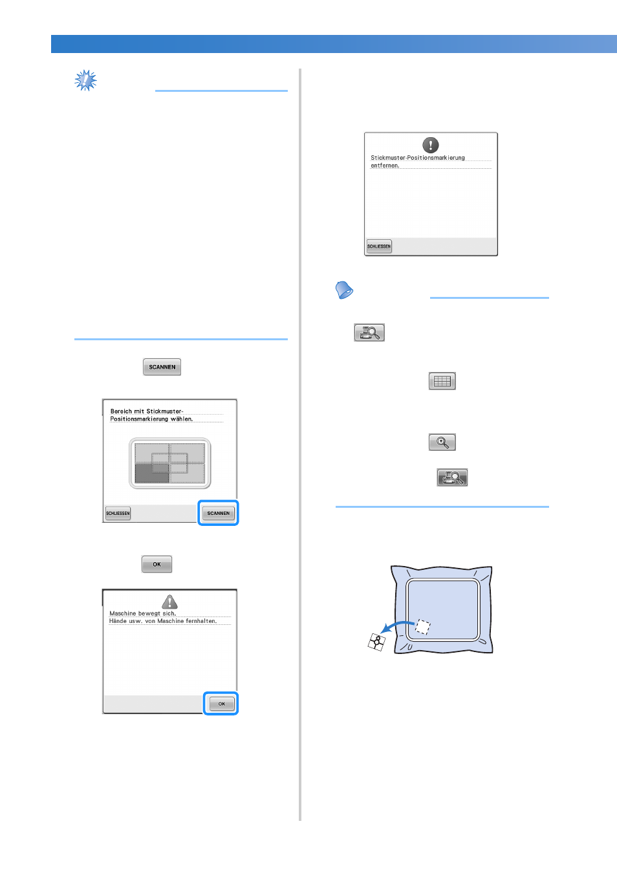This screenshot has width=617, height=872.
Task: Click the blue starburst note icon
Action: point(85,81)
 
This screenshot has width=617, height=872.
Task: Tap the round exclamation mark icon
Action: point(431,145)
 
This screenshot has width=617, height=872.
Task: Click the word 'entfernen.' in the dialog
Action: point(385,166)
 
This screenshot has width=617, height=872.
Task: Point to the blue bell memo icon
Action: point(343,290)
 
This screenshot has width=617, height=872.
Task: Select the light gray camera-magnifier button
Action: point(369,332)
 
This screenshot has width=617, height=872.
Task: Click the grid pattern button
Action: point(442,381)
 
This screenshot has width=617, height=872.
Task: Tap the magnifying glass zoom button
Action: point(442,442)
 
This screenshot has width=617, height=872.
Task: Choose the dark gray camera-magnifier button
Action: point(452,477)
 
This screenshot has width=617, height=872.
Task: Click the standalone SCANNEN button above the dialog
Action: point(162,367)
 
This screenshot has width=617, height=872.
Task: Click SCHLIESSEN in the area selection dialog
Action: point(118,513)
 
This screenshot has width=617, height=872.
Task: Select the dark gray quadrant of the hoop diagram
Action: point(152,473)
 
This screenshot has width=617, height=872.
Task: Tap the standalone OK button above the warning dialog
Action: point(157,564)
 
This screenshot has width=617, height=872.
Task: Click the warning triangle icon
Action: point(169,602)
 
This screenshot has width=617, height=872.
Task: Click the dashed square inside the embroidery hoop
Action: point(423,627)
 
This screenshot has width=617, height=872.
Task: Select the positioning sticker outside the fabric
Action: point(376,642)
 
